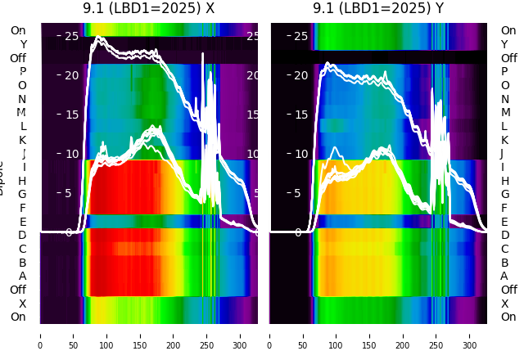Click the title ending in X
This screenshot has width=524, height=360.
[x=148, y=8]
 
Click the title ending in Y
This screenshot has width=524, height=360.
[x=378, y=8]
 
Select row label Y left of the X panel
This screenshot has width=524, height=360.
[x=23, y=44]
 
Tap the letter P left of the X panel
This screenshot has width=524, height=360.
[x=23, y=72]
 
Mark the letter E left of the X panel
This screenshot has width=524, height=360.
[x=23, y=222]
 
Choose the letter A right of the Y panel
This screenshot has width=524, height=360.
[x=504, y=276]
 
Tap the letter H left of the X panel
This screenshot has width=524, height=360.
[x=23, y=181]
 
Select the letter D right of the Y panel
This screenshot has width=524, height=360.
[x=504, y=235]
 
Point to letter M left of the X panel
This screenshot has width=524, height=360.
[x=22, y=113]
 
